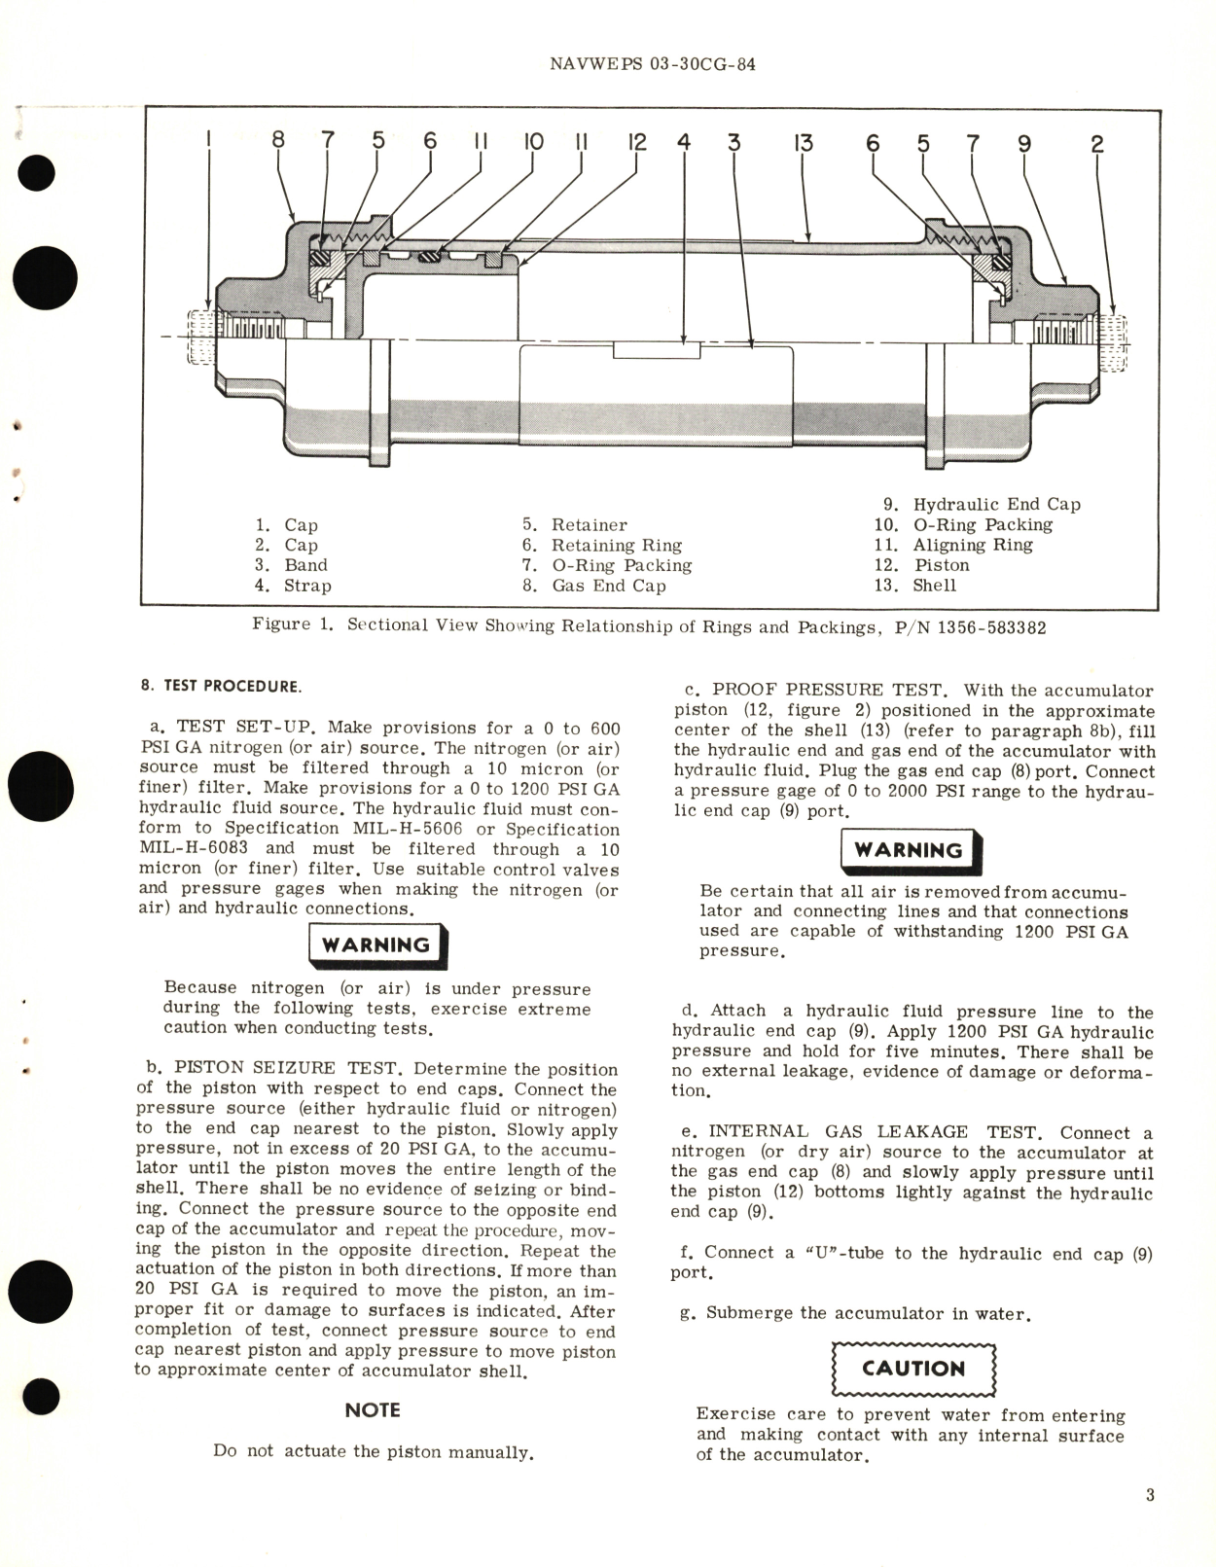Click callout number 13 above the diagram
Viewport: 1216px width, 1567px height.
[802, 143]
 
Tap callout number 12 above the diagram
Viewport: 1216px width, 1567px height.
[637, 142]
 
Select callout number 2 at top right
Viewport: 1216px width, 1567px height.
[1096, 144]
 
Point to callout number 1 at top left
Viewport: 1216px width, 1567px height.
[209, 142]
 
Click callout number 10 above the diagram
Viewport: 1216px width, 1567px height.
[534, 142]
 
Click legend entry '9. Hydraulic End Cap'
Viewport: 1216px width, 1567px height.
[982, 504]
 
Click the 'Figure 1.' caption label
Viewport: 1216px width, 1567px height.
[292, 624]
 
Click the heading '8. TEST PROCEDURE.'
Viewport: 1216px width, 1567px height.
[221, 686]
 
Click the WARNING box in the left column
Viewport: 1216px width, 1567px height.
[376, 945]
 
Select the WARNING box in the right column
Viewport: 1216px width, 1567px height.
[909, 850]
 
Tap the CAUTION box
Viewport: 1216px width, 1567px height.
[913, 1369]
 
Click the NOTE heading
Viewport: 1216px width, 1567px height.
[373, 1409]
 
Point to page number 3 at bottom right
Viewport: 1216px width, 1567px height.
[1150, 1494]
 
